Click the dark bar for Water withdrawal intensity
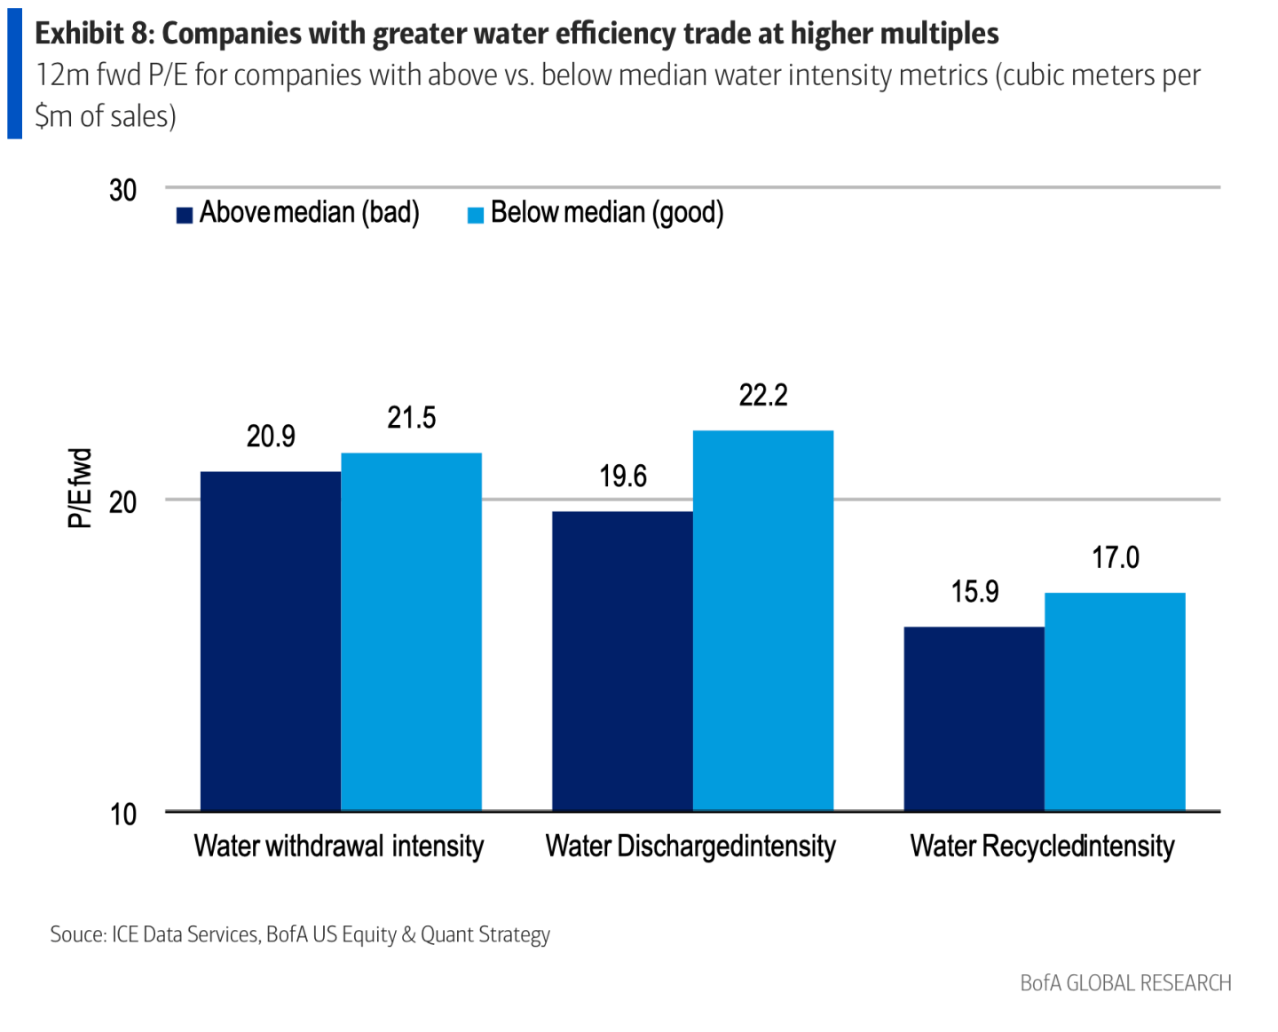click(271, 641)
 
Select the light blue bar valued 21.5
click(411, 632)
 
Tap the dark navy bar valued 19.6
click(622, 661)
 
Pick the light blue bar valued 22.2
click(763, 620)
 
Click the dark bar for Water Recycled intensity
click(974, 719)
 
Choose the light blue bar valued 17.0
click(1115, 701)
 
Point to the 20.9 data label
click(271, 437)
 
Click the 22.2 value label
click(763, 396)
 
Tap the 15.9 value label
click(974, 592)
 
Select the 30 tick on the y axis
click(123, 190)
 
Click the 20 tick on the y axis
click(123, 502)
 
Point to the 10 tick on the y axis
click(123, 815)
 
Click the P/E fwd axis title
click(80, 488)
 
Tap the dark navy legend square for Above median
click(185, 215)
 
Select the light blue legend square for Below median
click(476, 215)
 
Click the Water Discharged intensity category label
click(690, 847)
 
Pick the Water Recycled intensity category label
click(1042, 847)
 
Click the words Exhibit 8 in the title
click(92, 34)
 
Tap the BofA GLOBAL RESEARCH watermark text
click(1125, 983)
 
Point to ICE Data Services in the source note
click(185, 934)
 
